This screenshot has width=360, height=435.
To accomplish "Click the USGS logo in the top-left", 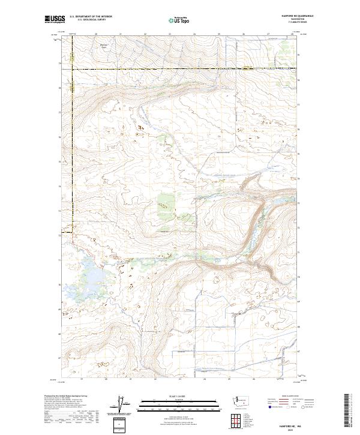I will coord(55,20).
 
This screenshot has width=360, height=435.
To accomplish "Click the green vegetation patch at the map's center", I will coord(164,202).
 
